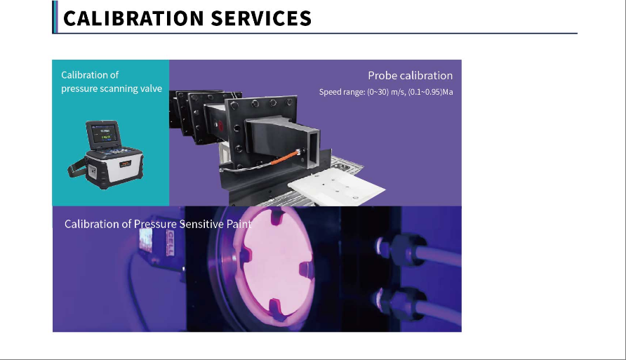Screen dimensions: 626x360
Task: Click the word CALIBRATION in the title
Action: pyautogui.click(x=134, y=18)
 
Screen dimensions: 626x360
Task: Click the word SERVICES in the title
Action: pyautogui.click(x=260, y=18)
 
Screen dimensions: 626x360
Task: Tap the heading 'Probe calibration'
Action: pyautogui.click(x=410, y=75)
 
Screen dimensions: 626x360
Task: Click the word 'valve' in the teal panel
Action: pyautogui.click(x=151, y=88)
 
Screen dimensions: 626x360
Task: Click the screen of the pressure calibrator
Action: pyautogui.click(x=105, y=133)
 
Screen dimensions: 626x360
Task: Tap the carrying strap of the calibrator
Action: pyautogui.click(x=76, y=168)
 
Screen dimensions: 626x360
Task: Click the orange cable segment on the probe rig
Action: pyautogui.click(x=284, y=157)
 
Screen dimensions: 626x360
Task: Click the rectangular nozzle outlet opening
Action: pyautogui.click(x=313, y=149)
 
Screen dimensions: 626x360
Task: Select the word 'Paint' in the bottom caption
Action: pyautogui.click(x=239, y=224)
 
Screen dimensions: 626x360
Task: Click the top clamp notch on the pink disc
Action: pyautogui.click(x=277, y=216)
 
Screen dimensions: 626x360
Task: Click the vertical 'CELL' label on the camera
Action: pyautogui.click(x=170, y=244)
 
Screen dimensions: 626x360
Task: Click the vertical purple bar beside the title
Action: pyautogui.click(x=55, y=17)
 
